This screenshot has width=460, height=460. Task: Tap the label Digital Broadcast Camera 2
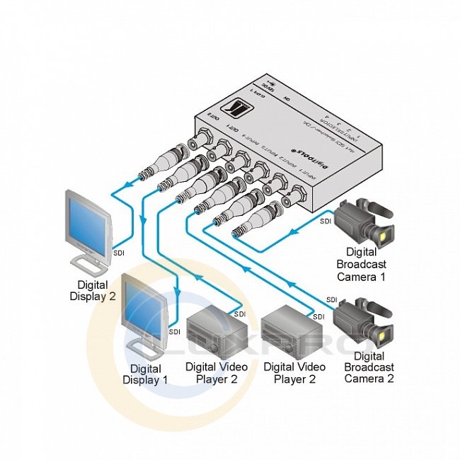tap(369, 367)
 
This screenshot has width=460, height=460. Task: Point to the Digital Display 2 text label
tap(91, 291)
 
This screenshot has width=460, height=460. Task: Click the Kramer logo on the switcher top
tap(233, 110)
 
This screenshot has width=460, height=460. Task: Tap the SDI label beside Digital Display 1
tap(174, 330)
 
